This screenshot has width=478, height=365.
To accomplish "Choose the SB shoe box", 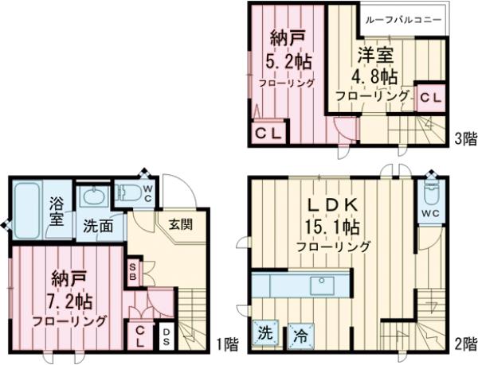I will (133, 272).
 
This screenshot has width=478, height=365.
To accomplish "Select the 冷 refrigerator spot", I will (300, 334).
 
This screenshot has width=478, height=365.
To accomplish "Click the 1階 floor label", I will (227, 344).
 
